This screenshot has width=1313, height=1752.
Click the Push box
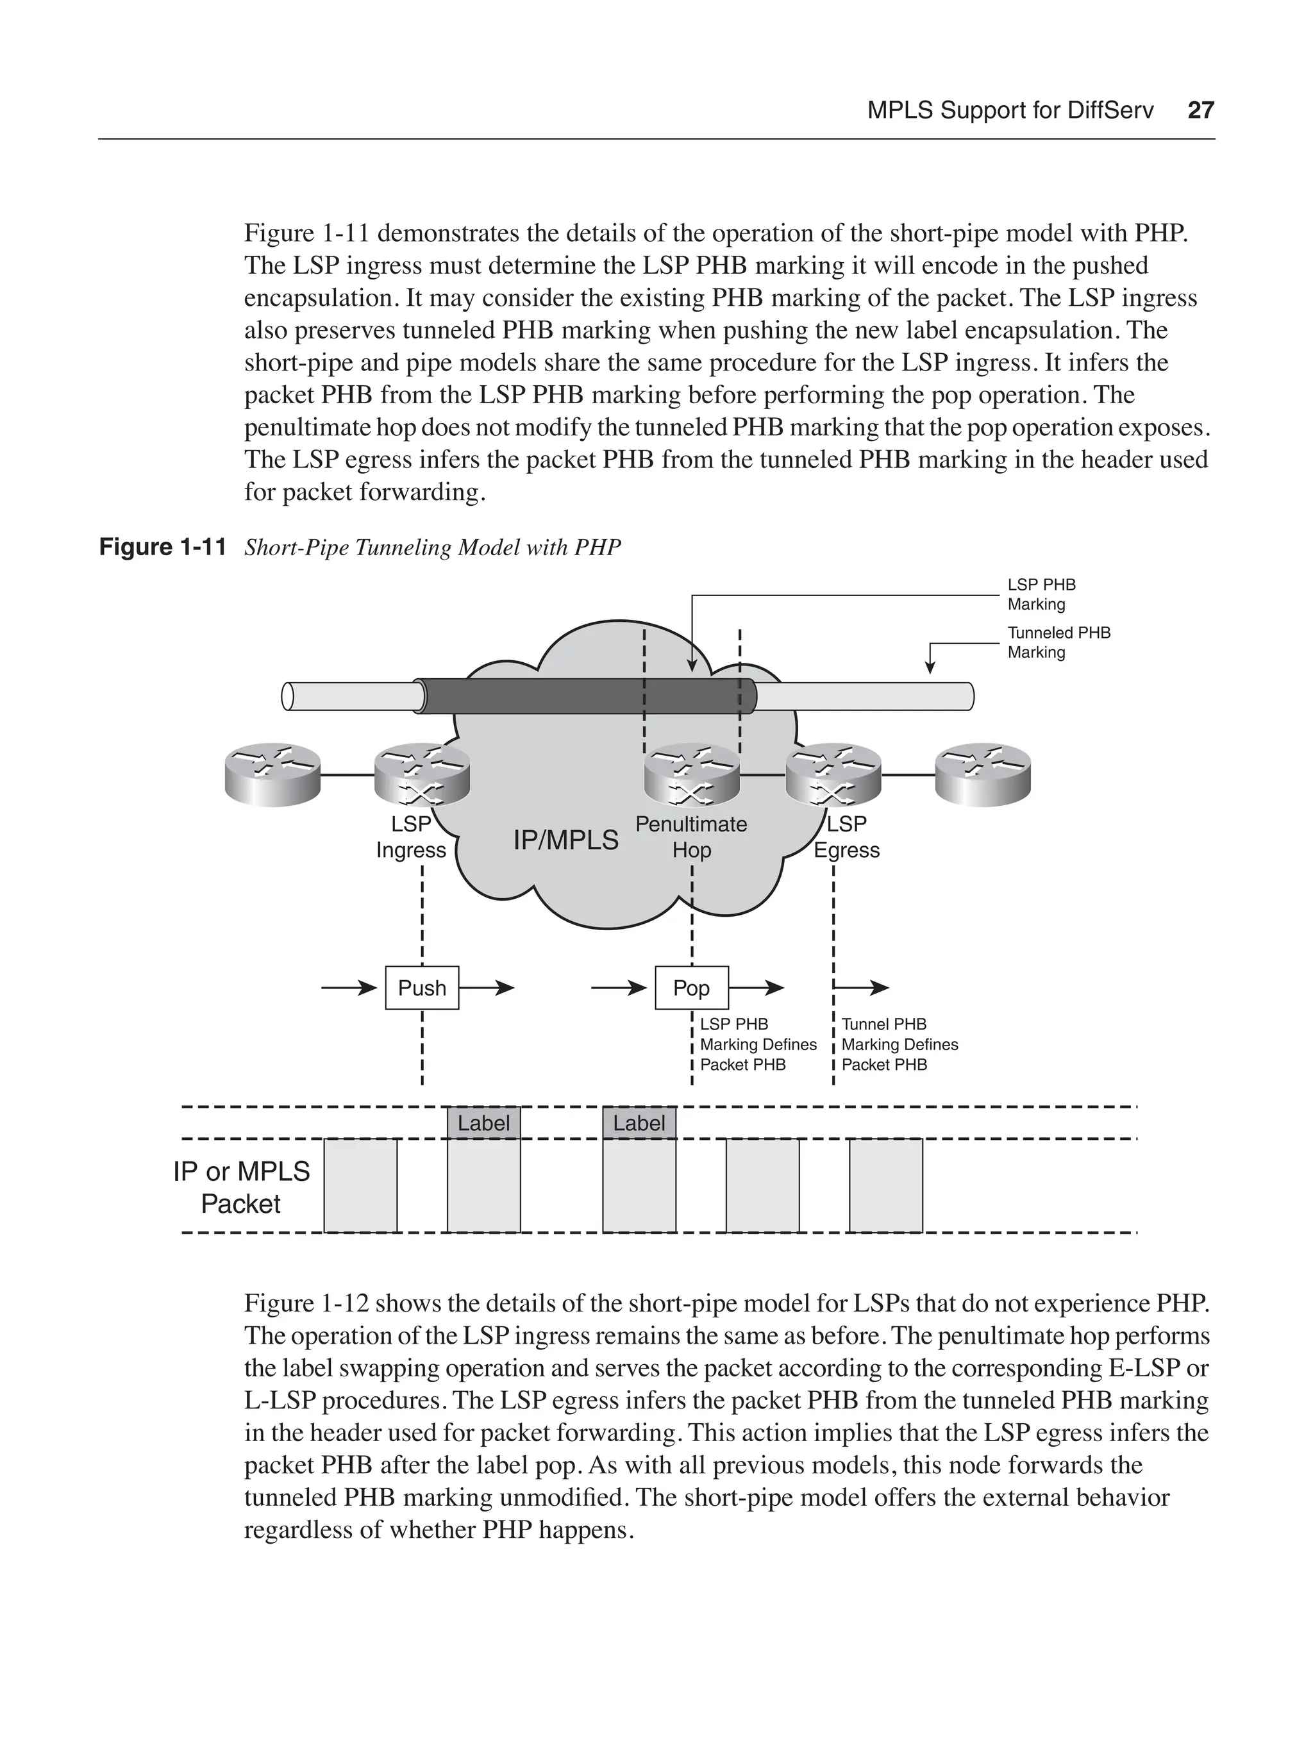pyautogui.click(x=421, y=988)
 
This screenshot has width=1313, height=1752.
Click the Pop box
pyautogui.click(x=691, y=988)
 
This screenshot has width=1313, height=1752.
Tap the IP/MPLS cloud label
pyautogui.click(x=565, y=840)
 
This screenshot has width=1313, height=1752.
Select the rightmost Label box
pyautogui.click(x=639, y=1123)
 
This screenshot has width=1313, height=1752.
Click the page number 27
pyautogui.click(x=1201, y=110)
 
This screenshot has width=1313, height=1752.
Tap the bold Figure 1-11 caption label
pyautogui.click(x=162, y=547)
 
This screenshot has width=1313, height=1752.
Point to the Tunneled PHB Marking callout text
pyautogui.click(x=1058, y=642)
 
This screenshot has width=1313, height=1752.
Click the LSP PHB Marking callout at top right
pyautogui.click(x=1041, y=594)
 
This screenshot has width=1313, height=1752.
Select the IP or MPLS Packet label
pyautogui.click(x=242, y=1187)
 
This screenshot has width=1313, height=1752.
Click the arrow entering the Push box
pyautogui.click(x=348, y=988)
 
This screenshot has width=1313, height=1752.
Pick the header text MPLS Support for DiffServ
pyautogui.click(x=1010, y=110)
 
